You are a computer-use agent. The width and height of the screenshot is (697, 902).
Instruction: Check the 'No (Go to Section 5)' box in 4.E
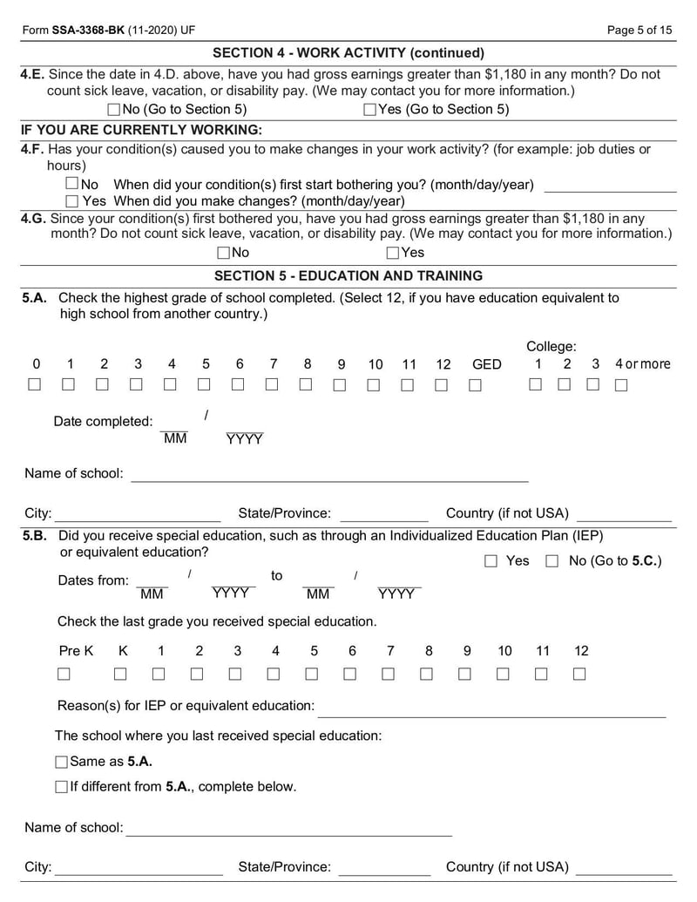(113, 110)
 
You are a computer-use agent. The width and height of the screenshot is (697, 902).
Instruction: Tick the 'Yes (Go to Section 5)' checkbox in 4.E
(369, 110)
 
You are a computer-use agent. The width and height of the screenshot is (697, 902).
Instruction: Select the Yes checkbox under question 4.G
(393, 253)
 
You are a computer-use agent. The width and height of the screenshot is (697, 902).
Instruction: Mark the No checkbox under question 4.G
(224, 253)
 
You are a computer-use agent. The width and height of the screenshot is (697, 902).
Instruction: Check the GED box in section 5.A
(475, 384)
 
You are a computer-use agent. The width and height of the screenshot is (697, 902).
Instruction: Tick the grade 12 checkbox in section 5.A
(442, 384)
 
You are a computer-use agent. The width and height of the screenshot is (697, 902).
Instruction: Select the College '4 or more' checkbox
(621, 384)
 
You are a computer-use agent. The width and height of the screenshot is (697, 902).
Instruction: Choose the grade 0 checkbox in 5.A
(35, 384)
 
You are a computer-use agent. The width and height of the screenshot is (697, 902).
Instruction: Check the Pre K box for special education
(64, 674)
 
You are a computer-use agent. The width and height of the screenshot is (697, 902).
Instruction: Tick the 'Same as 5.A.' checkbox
(61, 762)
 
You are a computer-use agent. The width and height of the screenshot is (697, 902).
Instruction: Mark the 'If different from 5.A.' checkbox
(61, 787)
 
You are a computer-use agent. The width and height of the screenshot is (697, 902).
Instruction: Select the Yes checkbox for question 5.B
(491, 561)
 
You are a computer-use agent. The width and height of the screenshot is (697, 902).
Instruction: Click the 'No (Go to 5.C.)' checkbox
(552, 561)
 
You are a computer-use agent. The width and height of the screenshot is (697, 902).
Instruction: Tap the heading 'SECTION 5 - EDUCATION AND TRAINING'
(348, 275)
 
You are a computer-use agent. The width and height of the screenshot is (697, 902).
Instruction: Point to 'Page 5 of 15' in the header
(639, 30)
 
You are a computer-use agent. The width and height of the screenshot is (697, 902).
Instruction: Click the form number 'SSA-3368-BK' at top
(87, 30)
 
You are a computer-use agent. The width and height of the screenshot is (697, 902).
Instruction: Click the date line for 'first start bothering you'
(610, 185)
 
